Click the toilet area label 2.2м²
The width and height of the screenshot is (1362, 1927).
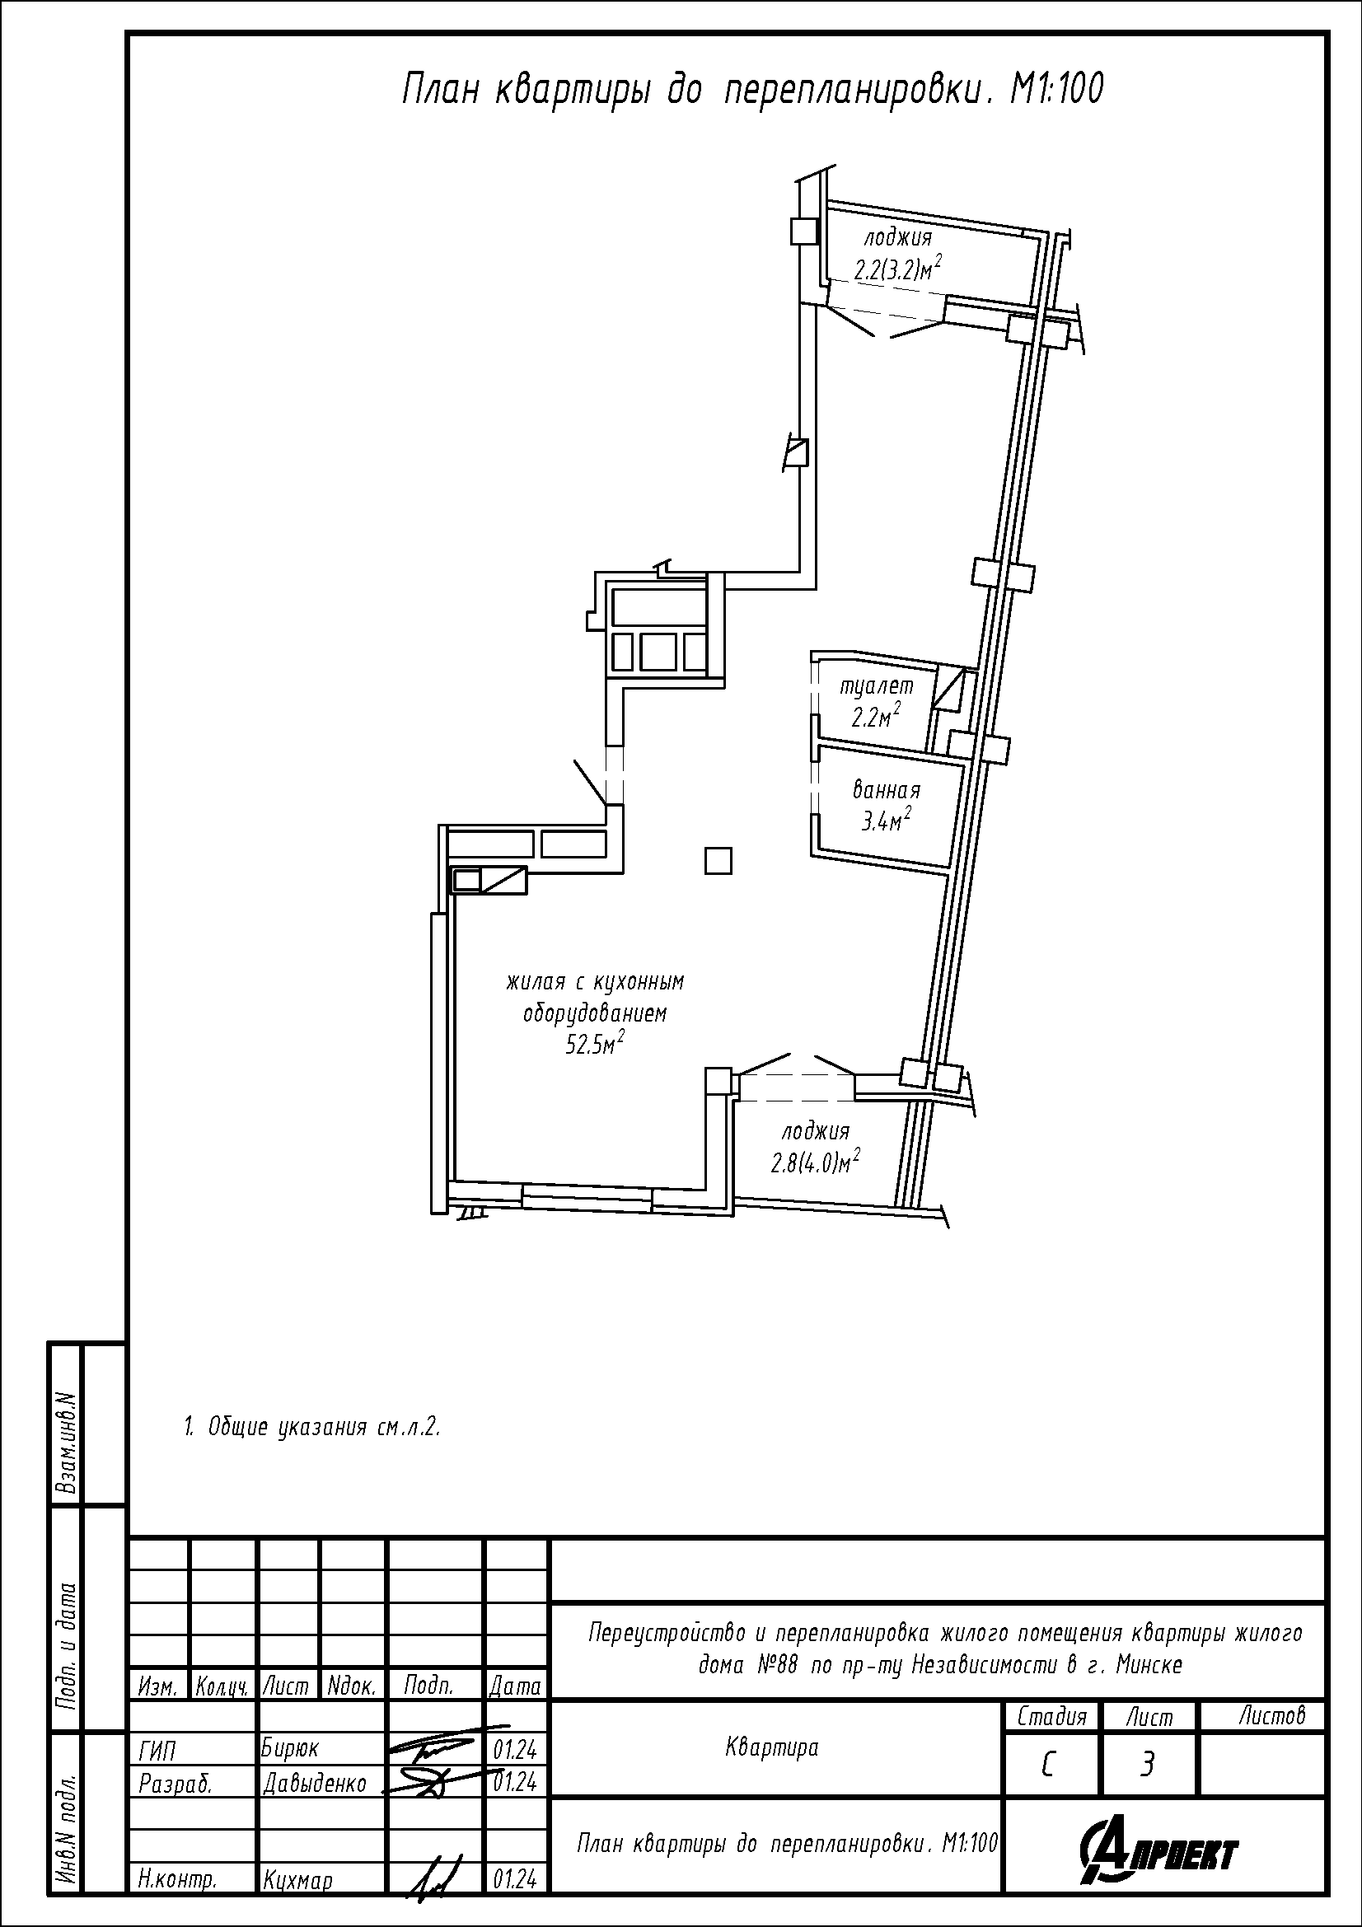tap(876, 716)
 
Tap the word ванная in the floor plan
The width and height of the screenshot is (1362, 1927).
tap(887, 790)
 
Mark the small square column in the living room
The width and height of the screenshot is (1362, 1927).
tap(718, 860)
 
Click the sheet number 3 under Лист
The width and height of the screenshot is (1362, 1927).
tap(1147, 1765)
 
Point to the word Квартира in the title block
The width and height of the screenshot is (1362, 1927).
tap(771, 1747)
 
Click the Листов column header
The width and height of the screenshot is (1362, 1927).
tap(1272, 1716)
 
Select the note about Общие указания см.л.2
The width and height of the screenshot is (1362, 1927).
tap(312, 1427)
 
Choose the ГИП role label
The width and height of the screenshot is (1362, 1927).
tap(157, 1749)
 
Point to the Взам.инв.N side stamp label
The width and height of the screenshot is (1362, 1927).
tap(66, 1443)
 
